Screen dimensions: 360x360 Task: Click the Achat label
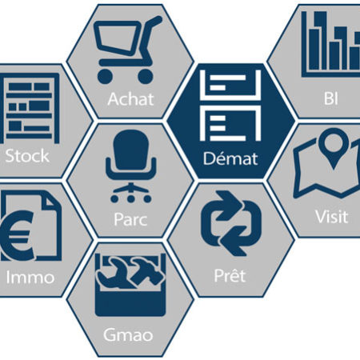coord(130,99)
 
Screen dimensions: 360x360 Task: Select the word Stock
coord(27,156)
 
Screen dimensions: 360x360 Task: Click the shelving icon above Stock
coord(30,108)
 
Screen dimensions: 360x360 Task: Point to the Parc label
coord(130,220)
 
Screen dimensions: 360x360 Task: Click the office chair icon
coord(130,166)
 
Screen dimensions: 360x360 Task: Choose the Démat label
coord(230,158)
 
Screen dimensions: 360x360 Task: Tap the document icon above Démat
coord(230,105)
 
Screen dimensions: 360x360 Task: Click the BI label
coord(331,98)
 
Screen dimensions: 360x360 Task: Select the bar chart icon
coord(330,44)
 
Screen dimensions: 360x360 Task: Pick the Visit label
coord(331,216)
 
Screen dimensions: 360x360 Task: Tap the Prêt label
coord(230,275)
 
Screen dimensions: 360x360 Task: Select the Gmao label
coord(128,335)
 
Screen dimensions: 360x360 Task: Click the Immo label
coord(30,277)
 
